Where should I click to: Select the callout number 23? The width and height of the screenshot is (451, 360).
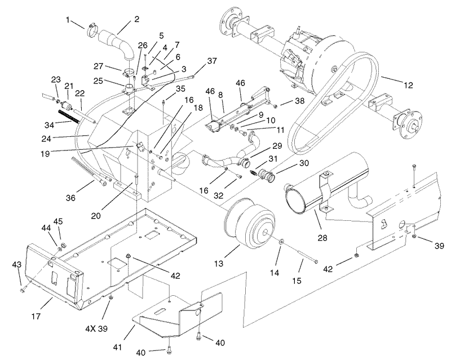[56, 79]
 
